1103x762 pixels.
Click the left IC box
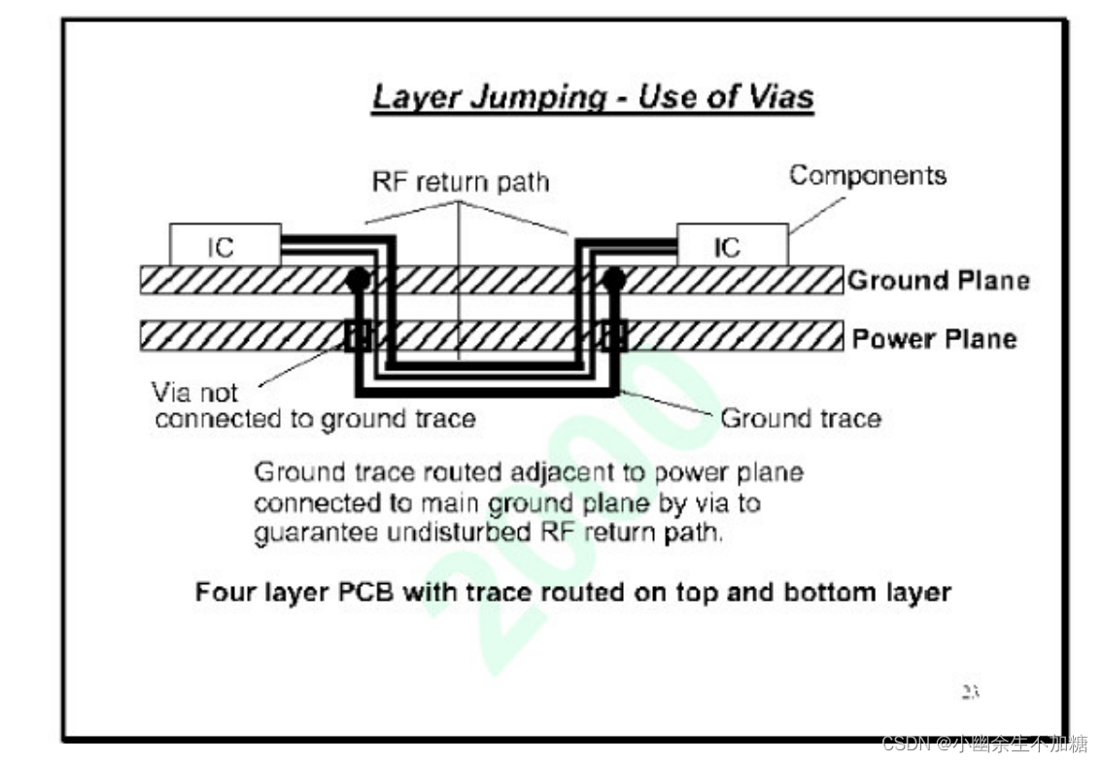(x=224, y=246)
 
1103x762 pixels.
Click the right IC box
(x=732, y=246)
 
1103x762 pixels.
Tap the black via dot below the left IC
(x=358, y=280)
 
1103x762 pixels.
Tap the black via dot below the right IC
(x=613, y=280)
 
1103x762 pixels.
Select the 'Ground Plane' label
(x=938, y=281)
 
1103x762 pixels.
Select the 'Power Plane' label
(x=934, y=339)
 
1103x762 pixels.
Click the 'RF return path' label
(x=461, y=182)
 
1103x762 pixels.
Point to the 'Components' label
(x=867, y=176)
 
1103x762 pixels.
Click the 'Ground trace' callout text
(x=800, y=419)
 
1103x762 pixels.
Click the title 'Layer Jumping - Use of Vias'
(x=593, y=98)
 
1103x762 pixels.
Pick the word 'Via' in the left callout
(x=172, y=393)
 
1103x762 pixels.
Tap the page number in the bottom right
(x=970, y=692)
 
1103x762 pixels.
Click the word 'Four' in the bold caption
(x=224, y=592)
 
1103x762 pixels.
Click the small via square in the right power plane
(x=613, y=336)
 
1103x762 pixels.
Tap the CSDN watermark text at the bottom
(x=983, y=745)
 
